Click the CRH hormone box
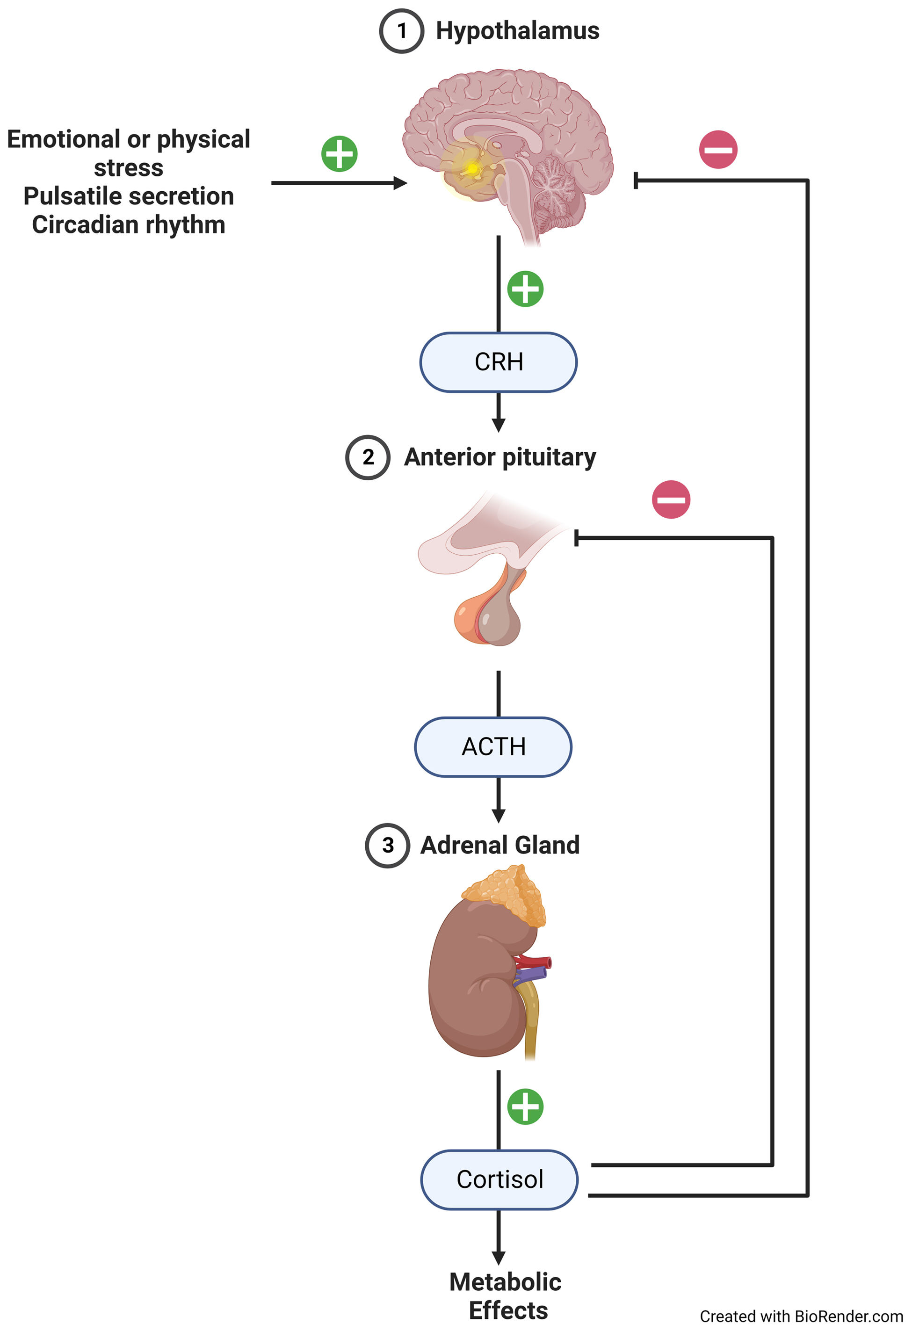[x=499, y=362]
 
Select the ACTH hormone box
[x=493, y=747]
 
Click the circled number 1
[x=402, y=31]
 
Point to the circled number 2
[x=368, y=457]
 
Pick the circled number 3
[x=387, y=846]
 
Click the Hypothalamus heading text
[x=517, y=31]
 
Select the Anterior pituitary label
[x=500, y=457]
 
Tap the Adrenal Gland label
[x=500, y=846]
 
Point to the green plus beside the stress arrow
[x=339, y=153]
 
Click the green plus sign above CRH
[x=525, y=289]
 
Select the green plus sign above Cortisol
[x=525, y=1107]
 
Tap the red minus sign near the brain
[x=718, y=150]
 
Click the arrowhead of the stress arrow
[x=401, y=183]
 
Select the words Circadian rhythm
[x=128, y=224]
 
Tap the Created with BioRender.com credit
[x=801, y=1316]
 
